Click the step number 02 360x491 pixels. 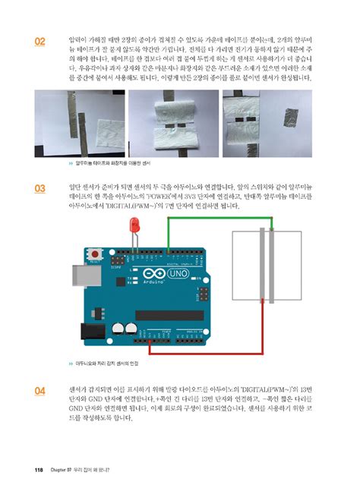pyautogui.click(x=39, y=41)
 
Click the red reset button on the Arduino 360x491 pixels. pyautogui.click(x=95, y=253)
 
